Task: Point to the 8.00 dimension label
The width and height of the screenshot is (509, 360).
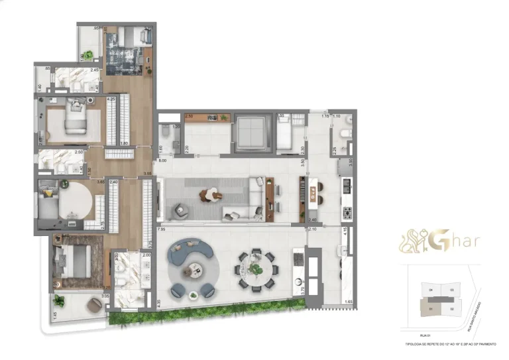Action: (162, 160)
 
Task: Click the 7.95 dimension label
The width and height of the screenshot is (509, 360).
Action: (162, 230)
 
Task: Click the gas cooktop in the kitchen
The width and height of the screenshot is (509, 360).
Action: (347, 212)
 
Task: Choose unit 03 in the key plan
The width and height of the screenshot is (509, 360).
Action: (452, 290)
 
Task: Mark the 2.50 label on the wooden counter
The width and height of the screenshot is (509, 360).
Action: (189, 117)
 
